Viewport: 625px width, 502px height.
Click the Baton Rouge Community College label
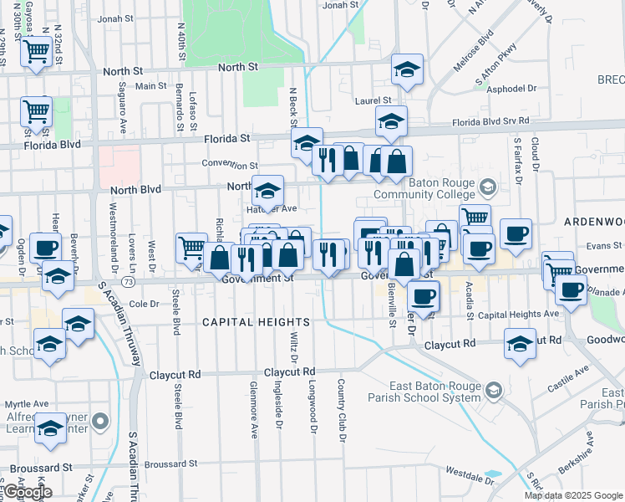[x=440, y=189]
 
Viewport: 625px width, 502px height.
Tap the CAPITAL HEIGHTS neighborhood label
[x=257, y=322]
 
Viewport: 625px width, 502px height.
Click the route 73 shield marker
[x=126, y=282]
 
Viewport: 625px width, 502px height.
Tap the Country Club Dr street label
[x=341, y=410]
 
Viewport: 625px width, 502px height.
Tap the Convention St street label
[x=230, y=166]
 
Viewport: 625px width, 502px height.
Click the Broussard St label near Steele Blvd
[x=170, y=463]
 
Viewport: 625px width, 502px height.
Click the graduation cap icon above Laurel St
[x=407, y=69]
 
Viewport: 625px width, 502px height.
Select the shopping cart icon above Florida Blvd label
[x=36, y=110]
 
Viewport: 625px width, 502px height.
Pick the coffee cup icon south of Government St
[x=424, y=296]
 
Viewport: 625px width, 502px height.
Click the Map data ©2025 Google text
[x=574, y=495]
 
